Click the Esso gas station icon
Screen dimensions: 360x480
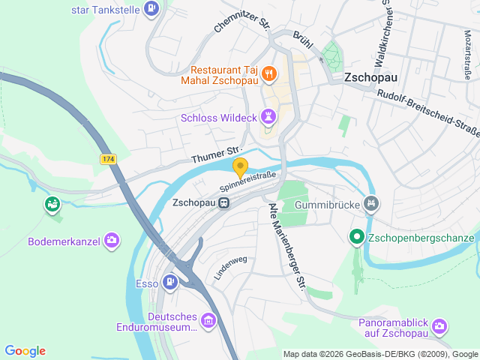click(x=171, y=283)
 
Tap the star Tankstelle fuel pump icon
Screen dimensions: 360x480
click(x=151, y=9)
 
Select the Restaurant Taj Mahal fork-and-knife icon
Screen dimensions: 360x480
click(x=268, y=73)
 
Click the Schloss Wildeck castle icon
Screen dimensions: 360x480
click(x=268, y=116)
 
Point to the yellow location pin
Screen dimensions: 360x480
click(x=240, y=167)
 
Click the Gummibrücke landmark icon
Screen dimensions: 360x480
click(x=370, y=203)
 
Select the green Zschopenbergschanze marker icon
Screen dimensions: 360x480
click(x=357, y=238)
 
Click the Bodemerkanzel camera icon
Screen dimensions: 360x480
click(x=112, y=240)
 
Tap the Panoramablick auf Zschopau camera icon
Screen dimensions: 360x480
click(x=439, y=326)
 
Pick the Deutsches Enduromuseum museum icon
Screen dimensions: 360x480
click(x=208, y=322)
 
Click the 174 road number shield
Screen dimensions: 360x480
click(x=109, y=159)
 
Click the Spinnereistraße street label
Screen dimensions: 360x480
click(x=248, y=181)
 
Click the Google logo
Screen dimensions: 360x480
click(x=25, y=351)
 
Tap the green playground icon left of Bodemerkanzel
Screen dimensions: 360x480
click(x=52, y=203)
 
